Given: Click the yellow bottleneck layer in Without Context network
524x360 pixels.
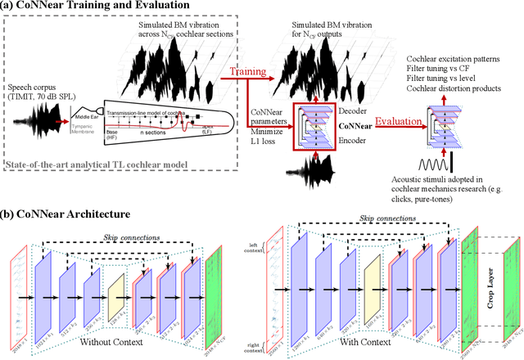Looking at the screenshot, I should [x=114, y=290].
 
